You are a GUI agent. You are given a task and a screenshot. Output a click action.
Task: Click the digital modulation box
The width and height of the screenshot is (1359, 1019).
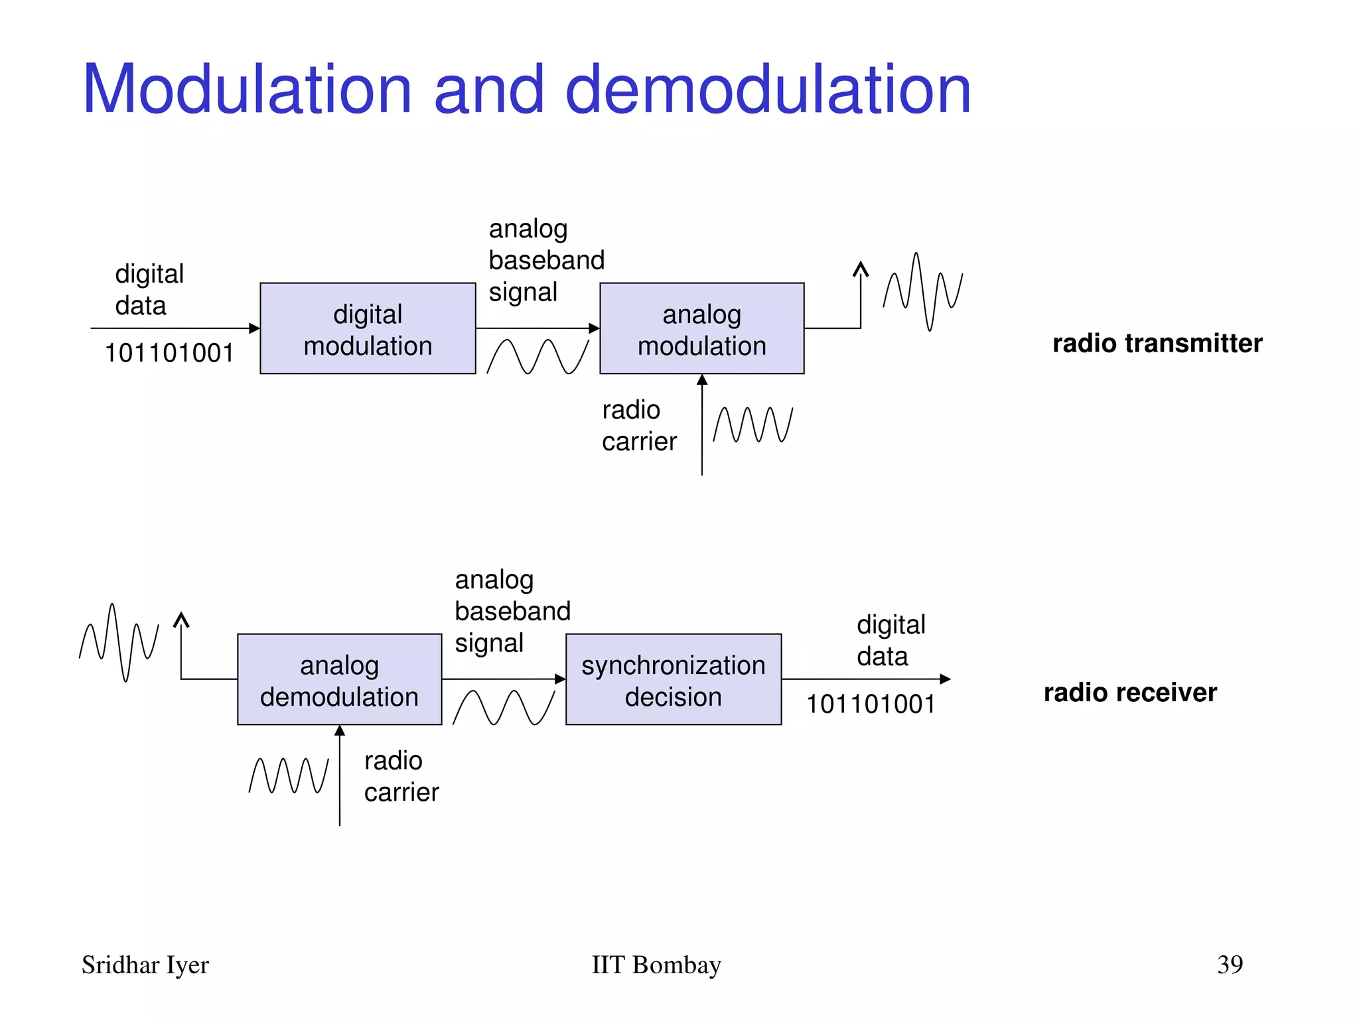[368, 328]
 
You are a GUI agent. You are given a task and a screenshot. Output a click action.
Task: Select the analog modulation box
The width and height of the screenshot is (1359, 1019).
[701, 328]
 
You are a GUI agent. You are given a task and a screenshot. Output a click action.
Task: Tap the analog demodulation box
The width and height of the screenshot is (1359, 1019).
[339, 679]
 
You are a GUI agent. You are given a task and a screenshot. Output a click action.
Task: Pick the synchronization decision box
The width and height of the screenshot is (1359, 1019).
[673, 679]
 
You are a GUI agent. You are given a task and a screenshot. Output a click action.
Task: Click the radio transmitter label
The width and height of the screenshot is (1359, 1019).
[1157, 344]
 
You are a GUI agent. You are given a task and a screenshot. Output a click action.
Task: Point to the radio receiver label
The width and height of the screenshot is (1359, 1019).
[1129, 693]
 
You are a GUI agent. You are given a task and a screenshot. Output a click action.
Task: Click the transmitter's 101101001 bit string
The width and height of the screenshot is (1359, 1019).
[169, 353]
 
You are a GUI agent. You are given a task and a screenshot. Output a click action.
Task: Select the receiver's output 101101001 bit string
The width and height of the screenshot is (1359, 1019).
[871, 704]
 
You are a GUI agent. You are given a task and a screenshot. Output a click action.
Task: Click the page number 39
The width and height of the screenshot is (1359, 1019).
[1230, 965]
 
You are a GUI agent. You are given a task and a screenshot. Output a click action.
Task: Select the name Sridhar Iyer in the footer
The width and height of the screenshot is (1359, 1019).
[145, 965]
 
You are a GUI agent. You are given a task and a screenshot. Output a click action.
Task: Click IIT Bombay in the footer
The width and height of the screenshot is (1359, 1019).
[656, 965]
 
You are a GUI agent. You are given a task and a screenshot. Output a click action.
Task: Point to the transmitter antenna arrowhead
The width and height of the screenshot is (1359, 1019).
[861, 269]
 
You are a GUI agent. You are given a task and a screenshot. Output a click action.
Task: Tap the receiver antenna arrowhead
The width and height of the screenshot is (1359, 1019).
[181, 620]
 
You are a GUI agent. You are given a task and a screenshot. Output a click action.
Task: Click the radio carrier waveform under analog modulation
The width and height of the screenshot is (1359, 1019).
[753, 425]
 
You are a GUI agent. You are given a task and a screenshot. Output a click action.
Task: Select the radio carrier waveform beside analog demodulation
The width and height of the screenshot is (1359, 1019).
[289, 776]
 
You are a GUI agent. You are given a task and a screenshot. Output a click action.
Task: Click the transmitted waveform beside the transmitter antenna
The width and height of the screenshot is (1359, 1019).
[922, 292]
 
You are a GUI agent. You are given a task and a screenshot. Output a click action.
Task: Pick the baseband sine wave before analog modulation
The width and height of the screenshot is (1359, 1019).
[537, 356]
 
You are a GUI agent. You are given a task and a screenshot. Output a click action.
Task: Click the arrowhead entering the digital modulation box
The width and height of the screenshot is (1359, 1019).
[254, 328]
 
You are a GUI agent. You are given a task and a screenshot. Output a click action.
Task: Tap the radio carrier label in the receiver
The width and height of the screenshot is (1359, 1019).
[401, 776]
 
